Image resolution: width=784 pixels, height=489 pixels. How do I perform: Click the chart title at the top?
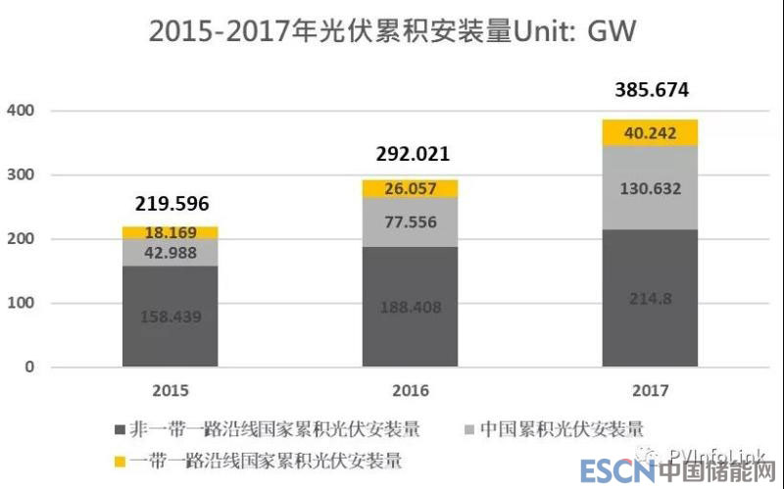[x=392, y=32]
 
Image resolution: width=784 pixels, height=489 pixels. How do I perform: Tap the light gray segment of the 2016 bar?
[x=410, y=222]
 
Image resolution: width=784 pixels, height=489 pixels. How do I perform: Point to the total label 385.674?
[x=652, y=91]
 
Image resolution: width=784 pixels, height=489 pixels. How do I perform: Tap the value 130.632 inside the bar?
[x=651, y=189]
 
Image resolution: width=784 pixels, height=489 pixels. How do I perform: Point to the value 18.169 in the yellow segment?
[x=171, y=233]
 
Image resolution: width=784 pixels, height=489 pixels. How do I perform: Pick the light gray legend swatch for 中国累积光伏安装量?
[x=471, y=429]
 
